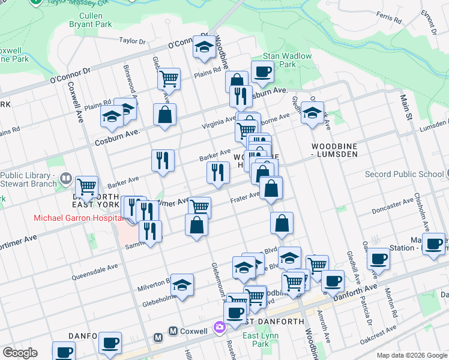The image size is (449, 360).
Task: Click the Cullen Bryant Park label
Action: (94, 19)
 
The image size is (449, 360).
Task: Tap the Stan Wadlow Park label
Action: (279, 59)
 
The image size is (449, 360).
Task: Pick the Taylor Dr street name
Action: (133, 41)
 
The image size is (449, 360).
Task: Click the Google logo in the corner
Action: (20, 353)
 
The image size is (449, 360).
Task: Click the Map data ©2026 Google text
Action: (412, 355)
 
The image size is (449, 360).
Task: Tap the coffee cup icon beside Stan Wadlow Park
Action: (262, 73)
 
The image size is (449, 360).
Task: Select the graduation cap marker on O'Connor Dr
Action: (205, 46)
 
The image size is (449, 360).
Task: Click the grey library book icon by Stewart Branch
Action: (65, 178)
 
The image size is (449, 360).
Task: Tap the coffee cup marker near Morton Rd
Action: (378, 259)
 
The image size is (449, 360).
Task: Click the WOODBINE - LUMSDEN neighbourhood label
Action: (334, 150)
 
